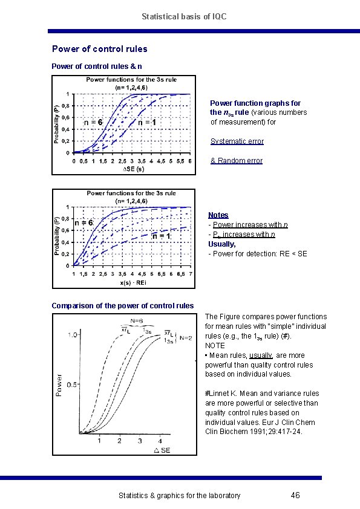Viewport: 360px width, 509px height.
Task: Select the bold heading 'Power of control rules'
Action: coord(100,49)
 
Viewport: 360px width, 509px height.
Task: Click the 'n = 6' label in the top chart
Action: coord(93,123)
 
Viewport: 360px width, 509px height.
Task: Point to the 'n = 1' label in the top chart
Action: coord(147,123)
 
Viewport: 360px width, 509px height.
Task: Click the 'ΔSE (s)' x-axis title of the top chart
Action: coord(134,169)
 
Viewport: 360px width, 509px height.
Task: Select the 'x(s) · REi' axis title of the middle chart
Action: coord(133,282)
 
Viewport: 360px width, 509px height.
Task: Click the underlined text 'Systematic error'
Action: coord(237,141)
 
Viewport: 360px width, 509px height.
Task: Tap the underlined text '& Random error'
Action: coord(236,161)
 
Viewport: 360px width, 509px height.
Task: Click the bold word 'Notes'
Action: coord(218,215)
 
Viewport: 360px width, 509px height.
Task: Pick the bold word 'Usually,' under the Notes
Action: coord(222,244)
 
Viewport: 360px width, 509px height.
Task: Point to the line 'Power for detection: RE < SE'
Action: coord(258,253)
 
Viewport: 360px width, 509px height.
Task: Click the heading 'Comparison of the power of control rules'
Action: coord(123,305)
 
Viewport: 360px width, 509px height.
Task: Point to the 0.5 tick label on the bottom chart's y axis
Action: coord(72,384)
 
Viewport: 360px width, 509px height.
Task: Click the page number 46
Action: coord(295,496)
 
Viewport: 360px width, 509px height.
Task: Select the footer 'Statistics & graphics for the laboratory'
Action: coord(179,496)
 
